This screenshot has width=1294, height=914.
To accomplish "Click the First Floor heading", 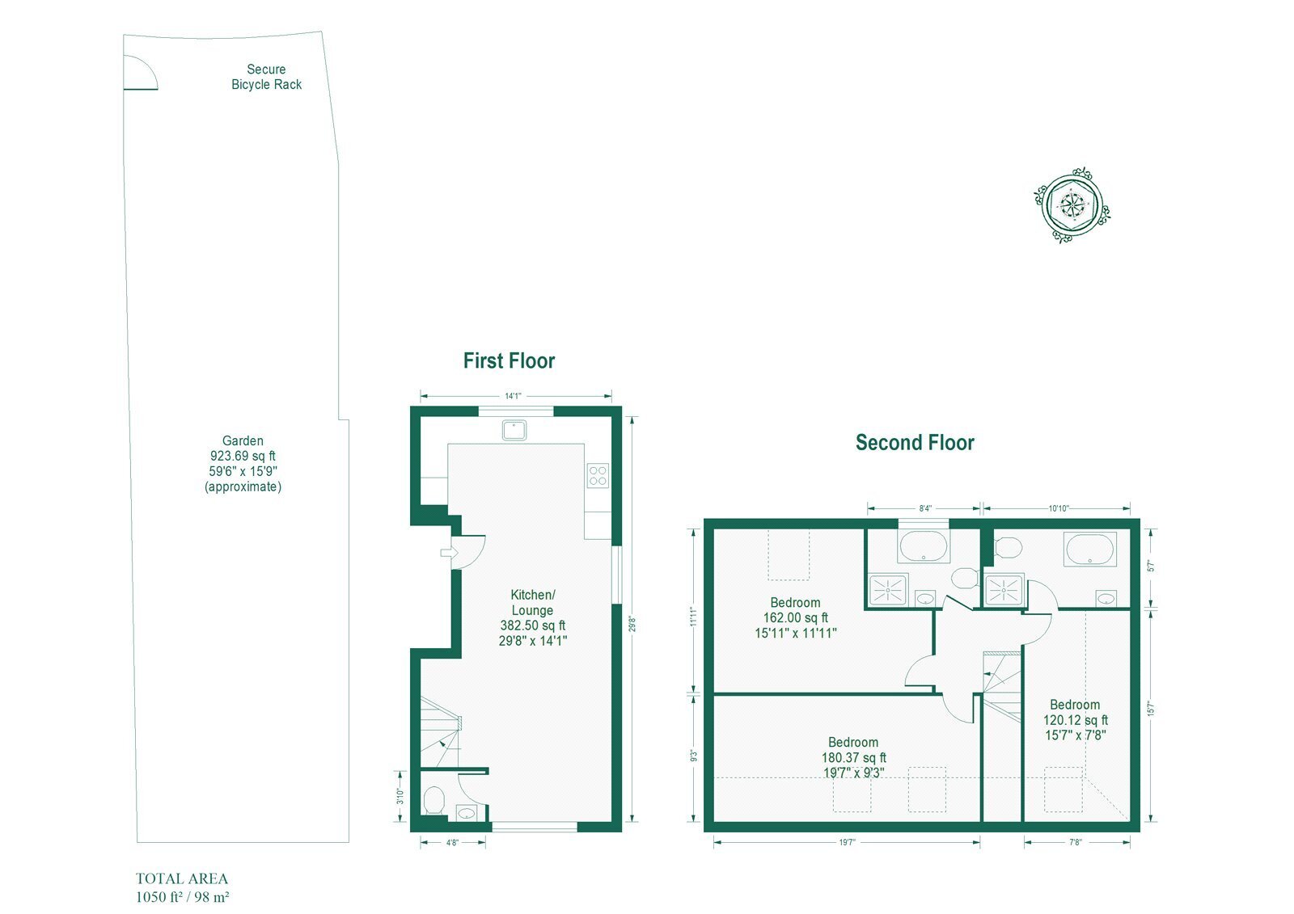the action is (509, 361).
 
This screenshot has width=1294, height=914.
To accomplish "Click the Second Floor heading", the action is (915, 443).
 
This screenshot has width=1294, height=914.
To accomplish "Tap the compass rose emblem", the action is (1072, 205).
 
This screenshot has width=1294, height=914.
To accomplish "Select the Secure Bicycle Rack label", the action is (266, 77).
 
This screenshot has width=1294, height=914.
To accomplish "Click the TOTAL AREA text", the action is (182, 878).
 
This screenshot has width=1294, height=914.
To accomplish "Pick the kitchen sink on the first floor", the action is (514, 430).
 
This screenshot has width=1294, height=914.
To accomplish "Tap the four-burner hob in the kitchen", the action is (598, 475).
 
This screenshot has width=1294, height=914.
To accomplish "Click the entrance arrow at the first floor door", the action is (449, 553).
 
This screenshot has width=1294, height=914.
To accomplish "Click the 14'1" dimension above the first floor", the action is (513, 396).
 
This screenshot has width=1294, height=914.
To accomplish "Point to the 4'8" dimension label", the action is (452, 843).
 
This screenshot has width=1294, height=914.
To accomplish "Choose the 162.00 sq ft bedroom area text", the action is (796, 617).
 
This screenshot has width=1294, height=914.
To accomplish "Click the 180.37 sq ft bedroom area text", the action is (854, 757).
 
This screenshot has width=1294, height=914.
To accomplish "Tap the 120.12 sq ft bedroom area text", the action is (1076, 720).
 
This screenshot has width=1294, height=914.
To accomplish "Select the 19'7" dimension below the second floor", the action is (848, 843).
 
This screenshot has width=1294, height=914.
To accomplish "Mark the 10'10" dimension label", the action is (1059, 508).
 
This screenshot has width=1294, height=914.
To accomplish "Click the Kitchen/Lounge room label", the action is (533, 602).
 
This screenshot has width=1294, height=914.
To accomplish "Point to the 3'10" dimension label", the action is (400, 796).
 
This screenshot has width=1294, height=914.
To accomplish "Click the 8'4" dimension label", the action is (925, 508).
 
